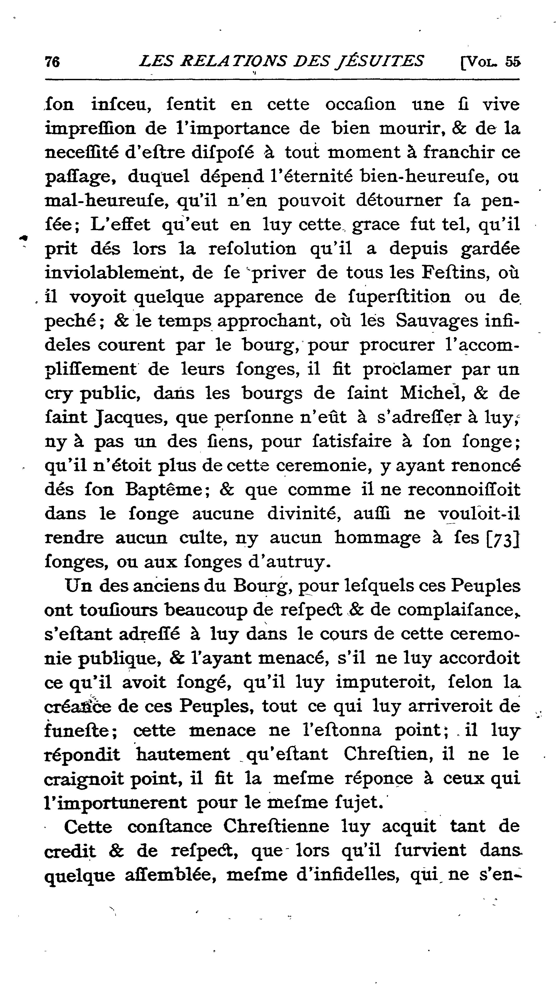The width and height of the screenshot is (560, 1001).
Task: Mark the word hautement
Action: point(183,754)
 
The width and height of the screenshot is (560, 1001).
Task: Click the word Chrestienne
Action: point(276,827)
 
